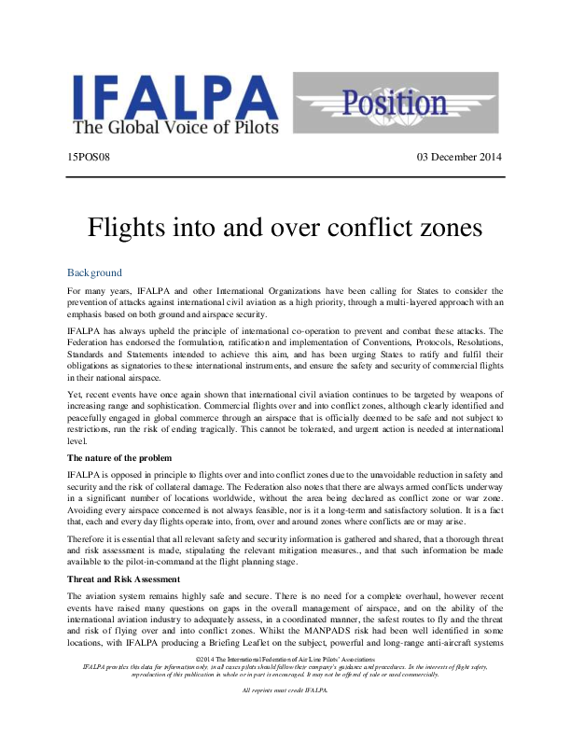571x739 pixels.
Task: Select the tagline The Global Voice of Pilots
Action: tap(179, 130)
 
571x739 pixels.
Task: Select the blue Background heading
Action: tap(94, 272)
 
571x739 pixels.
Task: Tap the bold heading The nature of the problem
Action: tap(119, 458)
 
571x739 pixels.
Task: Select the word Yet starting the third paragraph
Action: tap(76, 395)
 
